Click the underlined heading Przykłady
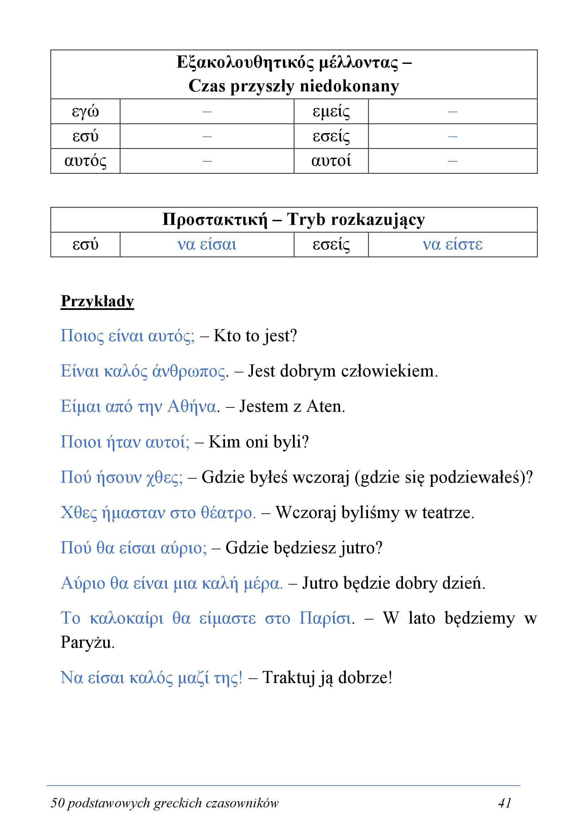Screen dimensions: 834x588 tap(98, 301)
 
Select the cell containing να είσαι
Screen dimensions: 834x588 tap(207, 244)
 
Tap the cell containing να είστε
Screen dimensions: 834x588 tap(452, 244)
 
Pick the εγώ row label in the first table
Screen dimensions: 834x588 tap(85, 112)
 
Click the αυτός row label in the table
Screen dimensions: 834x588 tap(85, 161)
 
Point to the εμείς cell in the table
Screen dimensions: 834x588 tap(331, 112)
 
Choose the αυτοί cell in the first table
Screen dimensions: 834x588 tap(331, 161)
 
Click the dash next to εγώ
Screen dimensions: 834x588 tap(207, 112)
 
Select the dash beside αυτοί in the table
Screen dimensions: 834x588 tap(452, 161)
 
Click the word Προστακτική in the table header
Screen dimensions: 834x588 tap(215, 220)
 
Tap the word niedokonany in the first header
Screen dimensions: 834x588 tap(349, 86)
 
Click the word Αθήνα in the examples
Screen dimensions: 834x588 tap(192, 406)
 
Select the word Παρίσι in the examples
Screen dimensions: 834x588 tap(325, 618)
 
